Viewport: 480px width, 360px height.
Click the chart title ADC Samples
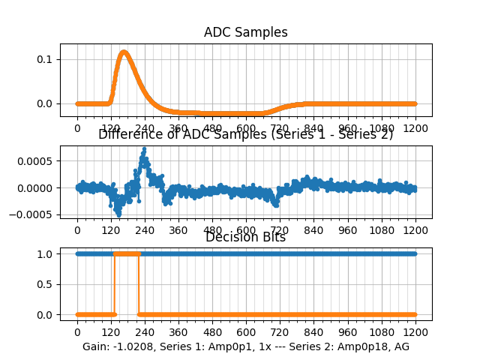(245, 32)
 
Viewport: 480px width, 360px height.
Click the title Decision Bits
(245, 238)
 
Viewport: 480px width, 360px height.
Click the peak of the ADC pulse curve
(124, 52)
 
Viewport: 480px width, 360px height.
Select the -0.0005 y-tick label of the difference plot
(35, 214)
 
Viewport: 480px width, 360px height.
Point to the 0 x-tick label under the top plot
(76, 128)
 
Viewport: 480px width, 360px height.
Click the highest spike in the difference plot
(143, 149)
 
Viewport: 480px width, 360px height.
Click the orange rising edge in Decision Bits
(114, 283)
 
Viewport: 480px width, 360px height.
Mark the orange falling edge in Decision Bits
(139, 283)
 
